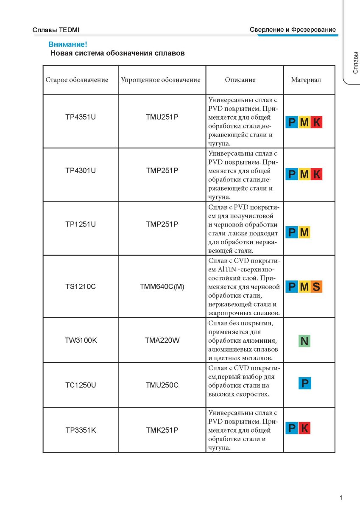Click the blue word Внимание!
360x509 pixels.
click(68, 44)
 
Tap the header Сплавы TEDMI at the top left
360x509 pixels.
click(56, 30)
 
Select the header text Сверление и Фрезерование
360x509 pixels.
click(293, 30)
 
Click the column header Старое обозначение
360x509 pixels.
click(77, 80)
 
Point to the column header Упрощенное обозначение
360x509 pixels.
click(161, 80)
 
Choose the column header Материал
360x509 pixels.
click(306, 80)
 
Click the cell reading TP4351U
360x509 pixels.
click(81, 117)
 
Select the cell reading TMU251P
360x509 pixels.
click(162, 117)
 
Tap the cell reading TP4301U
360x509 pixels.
click(81, 171)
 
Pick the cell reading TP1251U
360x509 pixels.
click(81, 224)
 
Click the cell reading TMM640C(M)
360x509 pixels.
click(162, 286)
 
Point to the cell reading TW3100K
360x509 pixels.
click(81, 340)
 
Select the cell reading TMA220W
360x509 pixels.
click(162, 340)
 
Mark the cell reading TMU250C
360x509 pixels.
click(162, 385)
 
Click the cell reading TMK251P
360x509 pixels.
click(162, 430)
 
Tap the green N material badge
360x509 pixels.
click(304, 341)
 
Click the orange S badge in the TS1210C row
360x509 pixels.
click(316, 287)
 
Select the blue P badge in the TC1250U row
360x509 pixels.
click(304, 383)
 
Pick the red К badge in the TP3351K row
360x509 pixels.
click(304, 428)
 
